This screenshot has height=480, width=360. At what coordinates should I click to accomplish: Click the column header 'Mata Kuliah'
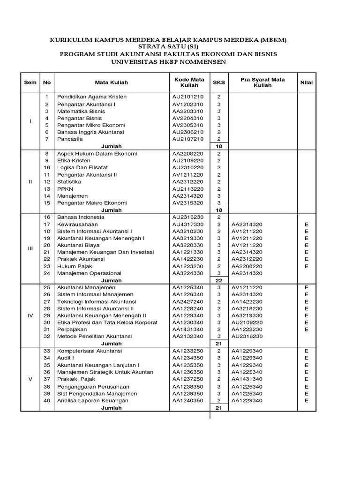[x=111, y=82]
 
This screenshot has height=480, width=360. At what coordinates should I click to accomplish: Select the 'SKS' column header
[x=219, y=82]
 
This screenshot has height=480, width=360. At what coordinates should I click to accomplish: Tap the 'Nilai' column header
[x=307, y=82]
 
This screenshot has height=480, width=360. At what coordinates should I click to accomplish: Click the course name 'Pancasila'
[x=70, y=139]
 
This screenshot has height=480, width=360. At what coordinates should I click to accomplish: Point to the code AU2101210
[x=187, y=97]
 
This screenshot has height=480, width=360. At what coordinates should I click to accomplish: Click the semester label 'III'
[x=30, y=248]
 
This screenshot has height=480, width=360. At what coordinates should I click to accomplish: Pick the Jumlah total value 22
[x=219, y=280]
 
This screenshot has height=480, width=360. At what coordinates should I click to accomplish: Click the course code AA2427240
[x=187, y=301]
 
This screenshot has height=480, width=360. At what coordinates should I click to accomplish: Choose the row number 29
[x=46, y=315]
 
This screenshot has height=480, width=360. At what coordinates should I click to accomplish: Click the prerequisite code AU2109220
[x=247, y=322]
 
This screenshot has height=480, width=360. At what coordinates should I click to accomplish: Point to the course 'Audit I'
[x=66, y=358]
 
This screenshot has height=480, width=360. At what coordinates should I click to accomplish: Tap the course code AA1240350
[x=187, y=401]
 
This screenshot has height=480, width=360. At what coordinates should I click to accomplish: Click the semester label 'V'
[x=30, y=379]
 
